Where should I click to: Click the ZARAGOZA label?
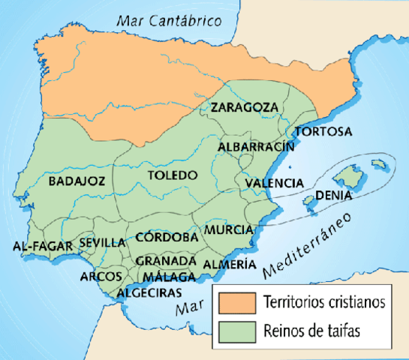point(243,107)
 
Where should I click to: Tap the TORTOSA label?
point(323,132)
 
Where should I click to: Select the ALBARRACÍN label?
point(256,147)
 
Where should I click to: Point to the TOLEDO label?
point(172,175)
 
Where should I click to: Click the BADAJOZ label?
point(75,181)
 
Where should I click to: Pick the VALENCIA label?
point(274,182)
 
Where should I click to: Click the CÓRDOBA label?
point(167,237)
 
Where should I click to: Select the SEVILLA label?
point(102,242)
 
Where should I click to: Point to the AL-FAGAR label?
point(42,246)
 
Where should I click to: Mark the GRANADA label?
point(166,260)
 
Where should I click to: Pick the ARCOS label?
point(101,276)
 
